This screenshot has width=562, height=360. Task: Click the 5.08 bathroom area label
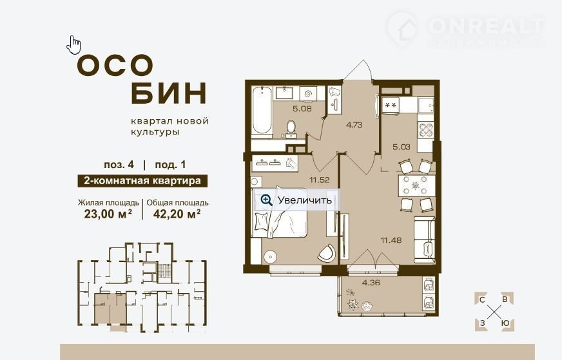pyautogui.click(x=302, y=109)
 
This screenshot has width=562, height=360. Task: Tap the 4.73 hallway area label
pyautogui.click(x=354, y=125)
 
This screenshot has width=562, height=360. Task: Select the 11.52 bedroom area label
pyautogui.click(x=320, y=180)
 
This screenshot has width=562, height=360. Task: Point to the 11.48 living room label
pyautogui.click(x=391, y=240)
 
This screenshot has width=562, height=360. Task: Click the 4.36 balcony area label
pyautogui.click(x=371, y=283)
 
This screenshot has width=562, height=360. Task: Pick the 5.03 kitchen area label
pyautogui.click(x=401, y=147)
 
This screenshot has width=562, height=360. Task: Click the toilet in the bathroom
pyautogui.click(x=291, y=129)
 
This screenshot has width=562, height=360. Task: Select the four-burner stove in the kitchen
pyautogui.click(x=426, y=129)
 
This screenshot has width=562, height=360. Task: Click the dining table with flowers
pyautogui.click(x=416, y=185)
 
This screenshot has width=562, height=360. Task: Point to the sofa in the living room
pyautogui.click(x=424, y=239)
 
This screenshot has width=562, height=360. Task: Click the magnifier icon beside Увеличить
pyautogui.click(x=266, y=200)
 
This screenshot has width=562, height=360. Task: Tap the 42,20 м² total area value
pyautogui.click(x=177, y=214)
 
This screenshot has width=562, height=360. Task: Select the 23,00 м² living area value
pyautogui.click(x=108, y=214)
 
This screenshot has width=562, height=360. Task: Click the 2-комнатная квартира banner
pyautogui.click(x=142, y=180)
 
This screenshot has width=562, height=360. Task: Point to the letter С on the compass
pyautogui.click(x=483, y=300)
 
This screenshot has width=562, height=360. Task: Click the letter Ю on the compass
pyautogui.click(x=505, y=323)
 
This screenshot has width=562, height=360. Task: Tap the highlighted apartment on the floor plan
pyautogui.click(x=110, y=308)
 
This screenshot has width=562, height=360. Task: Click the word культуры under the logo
pyautogui.click(x=155, y=132)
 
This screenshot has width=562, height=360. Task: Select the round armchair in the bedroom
pyautogui.click(x=326, y=252)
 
